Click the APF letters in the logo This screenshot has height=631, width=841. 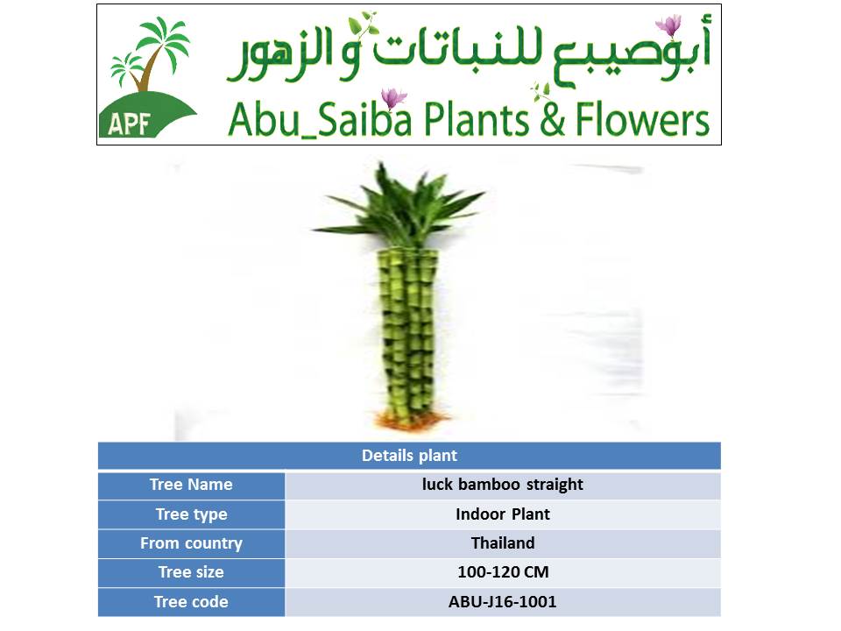pyautogui.click(x=128, y=124)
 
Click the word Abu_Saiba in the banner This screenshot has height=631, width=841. pyautogui.click(x=321, y=119)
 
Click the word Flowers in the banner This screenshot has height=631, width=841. pyautogui.click(x=642, y=119)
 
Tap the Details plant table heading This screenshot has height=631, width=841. pyautogui.click(x=409, y=456)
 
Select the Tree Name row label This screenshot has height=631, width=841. pyautogui.click(x=191, y=485)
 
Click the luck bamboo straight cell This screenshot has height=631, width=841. pyautogui.click(x=503, y=485)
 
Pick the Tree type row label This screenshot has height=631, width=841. pyautogui.click(x=192, y=514)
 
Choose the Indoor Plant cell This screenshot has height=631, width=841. pyautogui.click(x=503, y=514)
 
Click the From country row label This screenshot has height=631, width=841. pyautogui.click(x=192, y=543)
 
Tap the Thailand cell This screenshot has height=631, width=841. pyautogui.click(x=503, y=543)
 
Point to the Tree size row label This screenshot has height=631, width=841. pyautogui.click(x=191, y=572)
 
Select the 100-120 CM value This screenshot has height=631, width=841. pyautogui.click(x=503, y=572)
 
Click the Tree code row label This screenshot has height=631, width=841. pyautogui.click(x=191, y=601)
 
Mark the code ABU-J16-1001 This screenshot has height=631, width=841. pyautogui.click(x=503, y=601)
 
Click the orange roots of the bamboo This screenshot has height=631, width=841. pyautogui.click(x=410, y=420)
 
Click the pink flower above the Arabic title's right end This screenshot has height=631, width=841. pyautogui.click(x=668, y=25)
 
